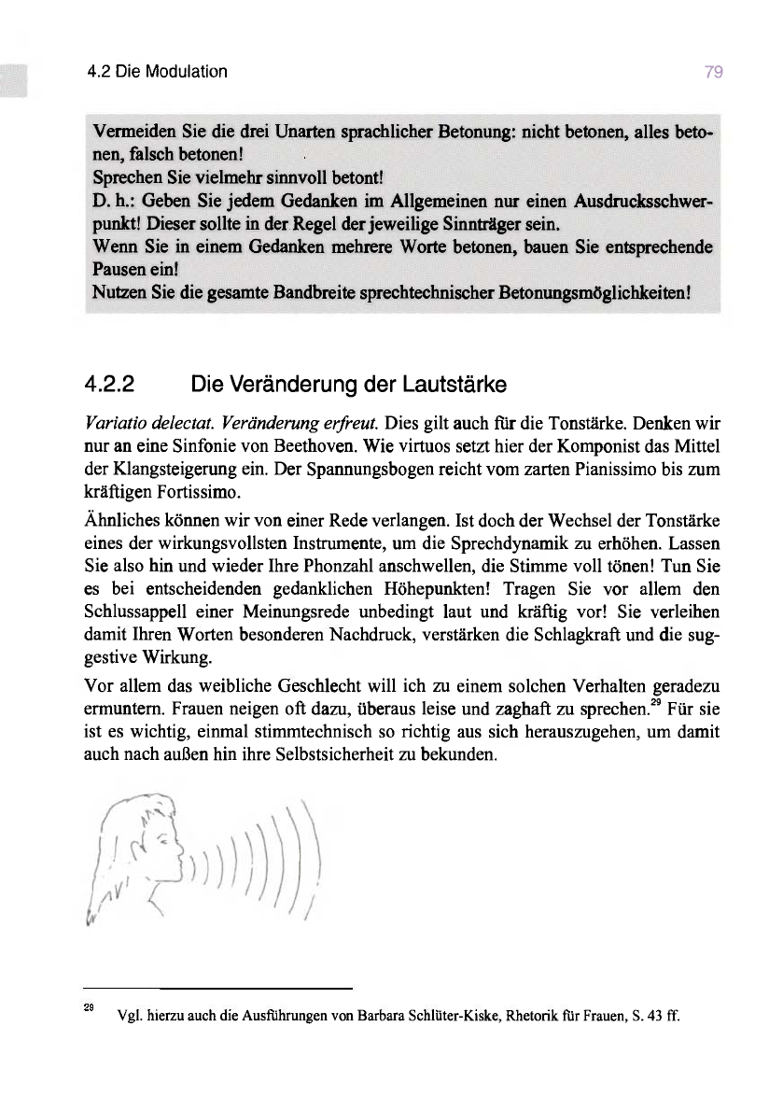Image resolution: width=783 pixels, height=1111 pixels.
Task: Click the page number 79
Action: click(715, 72)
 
